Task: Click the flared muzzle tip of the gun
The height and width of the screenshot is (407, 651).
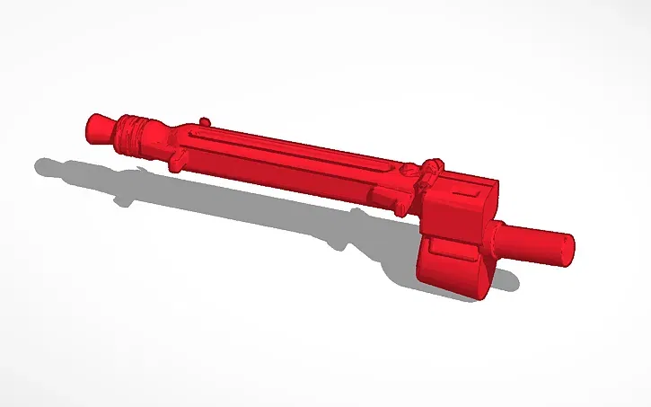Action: click(98, 124)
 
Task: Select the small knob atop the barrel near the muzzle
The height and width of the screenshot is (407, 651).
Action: click(206, 119)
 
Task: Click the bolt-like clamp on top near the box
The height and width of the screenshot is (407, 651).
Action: click(432, 168)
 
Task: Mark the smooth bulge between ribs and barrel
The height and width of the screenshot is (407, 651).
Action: click(162, 137)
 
